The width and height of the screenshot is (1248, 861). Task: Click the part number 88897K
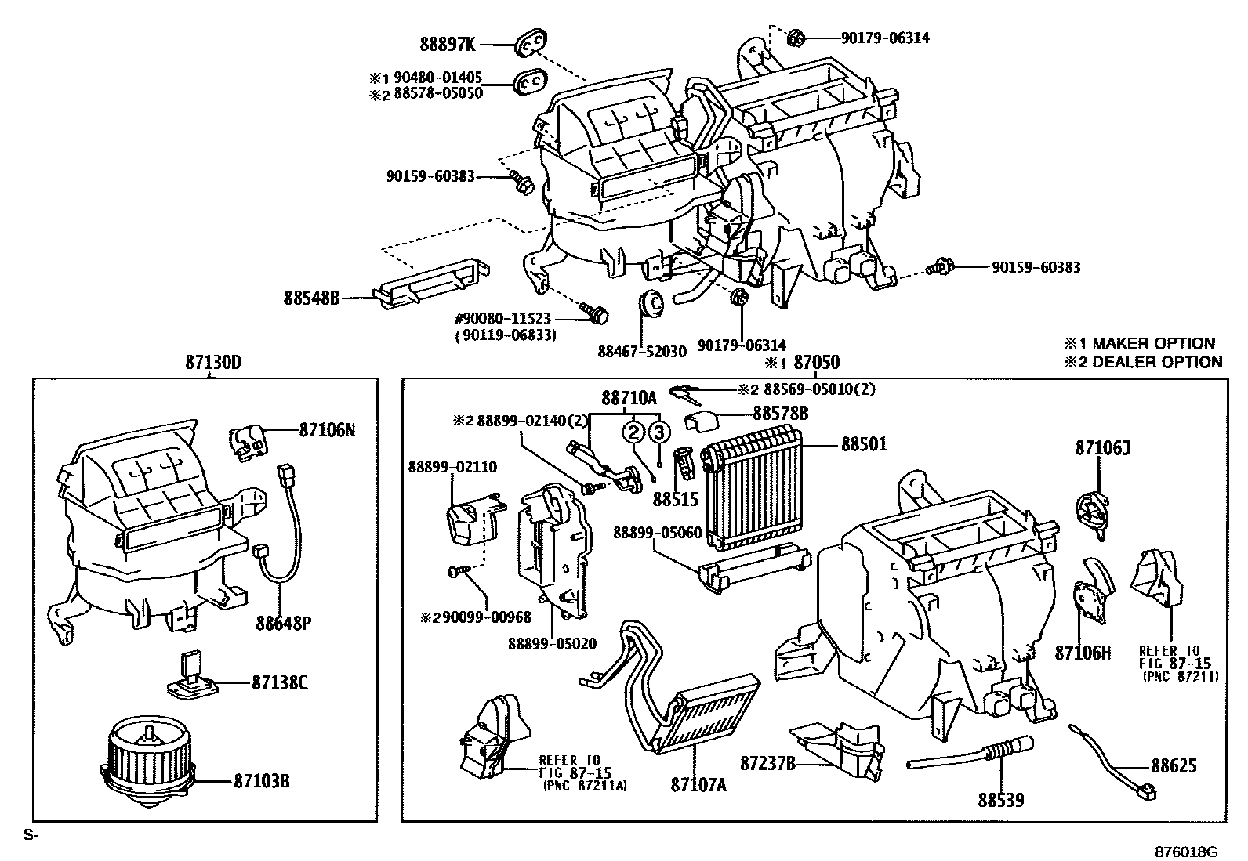point(448,45)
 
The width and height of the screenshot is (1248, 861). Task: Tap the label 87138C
point(279,682)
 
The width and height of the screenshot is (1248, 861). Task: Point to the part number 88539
point(1000,800)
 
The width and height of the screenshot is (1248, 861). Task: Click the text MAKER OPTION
point(1153,343)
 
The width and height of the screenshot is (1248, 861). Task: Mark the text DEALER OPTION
point(1157,362)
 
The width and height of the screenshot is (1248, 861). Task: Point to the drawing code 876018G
point(1186,852)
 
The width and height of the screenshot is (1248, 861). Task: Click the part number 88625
point(1174,765)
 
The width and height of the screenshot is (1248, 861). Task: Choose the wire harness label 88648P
point(283,623)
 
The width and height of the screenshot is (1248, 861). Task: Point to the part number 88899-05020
point(552,644)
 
